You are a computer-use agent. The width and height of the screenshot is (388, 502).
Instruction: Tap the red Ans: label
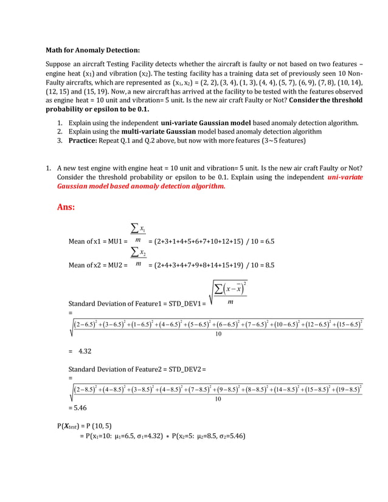[x=66, y=207]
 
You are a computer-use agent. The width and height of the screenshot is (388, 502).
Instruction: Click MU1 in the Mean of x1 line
[x=114, y=241]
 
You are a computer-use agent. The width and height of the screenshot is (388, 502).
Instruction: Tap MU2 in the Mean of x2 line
[x=114, y=265]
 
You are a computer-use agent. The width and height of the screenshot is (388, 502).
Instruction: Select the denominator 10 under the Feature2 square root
[x=218, y=399]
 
